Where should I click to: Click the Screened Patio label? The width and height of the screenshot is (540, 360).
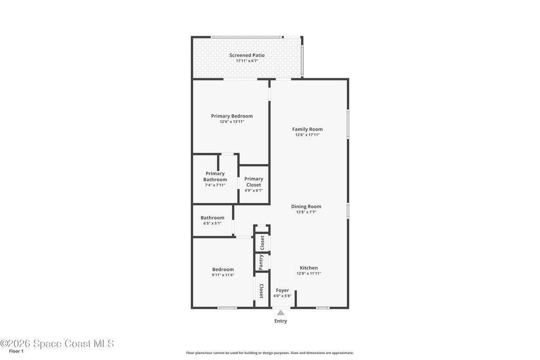tap(247, 55)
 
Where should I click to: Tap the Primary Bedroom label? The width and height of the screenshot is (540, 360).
tap(232, 116)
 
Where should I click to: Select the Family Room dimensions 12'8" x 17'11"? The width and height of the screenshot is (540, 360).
tap(307, 135)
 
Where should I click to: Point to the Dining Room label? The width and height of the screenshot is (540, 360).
tap(306, 207)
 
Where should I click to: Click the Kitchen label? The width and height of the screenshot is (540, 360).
tap(308, 268)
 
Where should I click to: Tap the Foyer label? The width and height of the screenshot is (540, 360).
tap(283, 290)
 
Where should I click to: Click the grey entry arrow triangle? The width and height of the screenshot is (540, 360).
tap(281, 313)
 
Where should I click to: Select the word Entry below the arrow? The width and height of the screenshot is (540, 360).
tap(281, 321)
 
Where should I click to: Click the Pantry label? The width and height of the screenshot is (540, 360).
tap(261, 262)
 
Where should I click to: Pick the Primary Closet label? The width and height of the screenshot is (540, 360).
tap(254, 182)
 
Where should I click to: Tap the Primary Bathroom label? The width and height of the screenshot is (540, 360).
tap(215, 177)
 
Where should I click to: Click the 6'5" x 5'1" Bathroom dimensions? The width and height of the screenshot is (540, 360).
tap(212, 223)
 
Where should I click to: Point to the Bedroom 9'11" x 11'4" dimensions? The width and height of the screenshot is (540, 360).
tap(223, 275)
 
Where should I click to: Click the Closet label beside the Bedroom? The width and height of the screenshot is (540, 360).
tap(261, 291)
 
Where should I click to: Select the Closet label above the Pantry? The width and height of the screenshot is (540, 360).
tap(263, 242)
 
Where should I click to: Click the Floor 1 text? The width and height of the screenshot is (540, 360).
tap(16, 351)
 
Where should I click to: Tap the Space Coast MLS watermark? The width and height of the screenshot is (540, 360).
tap(57, 344)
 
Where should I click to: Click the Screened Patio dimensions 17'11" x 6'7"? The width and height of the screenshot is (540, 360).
tap(247, 61)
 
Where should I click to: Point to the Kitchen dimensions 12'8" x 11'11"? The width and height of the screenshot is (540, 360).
tap(308, 274)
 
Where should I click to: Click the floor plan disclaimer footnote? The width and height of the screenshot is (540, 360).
tap(270, 353)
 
